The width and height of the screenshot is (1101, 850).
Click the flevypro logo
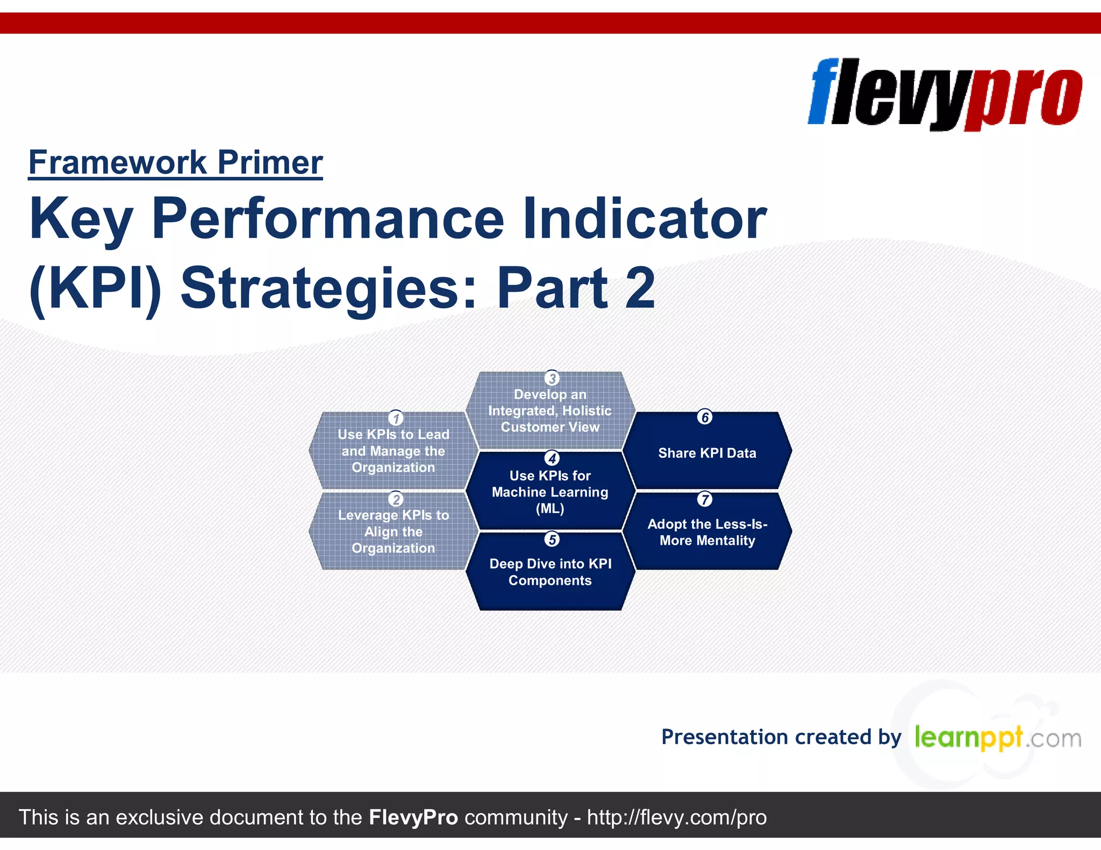point(945,94)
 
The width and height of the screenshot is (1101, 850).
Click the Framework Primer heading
point(175,162)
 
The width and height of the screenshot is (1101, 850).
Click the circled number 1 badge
point(396,418)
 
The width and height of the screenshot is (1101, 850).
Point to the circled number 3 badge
point(552,378)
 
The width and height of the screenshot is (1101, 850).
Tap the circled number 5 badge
point(552,539)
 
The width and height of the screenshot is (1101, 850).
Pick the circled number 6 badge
point(705,417)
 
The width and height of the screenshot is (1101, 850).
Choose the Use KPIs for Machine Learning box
point(550,492)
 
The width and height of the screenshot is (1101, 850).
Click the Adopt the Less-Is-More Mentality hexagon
point(707,532)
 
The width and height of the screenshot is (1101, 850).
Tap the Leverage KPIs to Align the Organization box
point(393,532)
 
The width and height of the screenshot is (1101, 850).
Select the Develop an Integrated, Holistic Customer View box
point(550,411)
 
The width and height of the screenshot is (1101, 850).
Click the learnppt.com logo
point(997,738)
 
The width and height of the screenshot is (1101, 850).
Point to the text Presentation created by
point(781,737)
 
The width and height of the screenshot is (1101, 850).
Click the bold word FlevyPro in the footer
point(413,817)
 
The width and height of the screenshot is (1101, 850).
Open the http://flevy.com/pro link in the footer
point(676,817)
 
